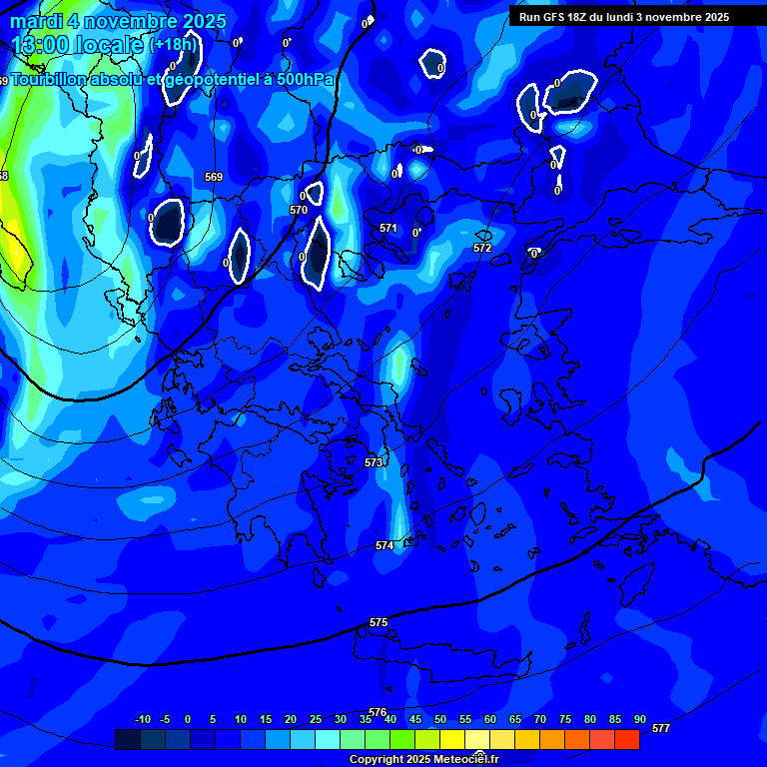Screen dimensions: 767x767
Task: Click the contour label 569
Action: tap(214, 177)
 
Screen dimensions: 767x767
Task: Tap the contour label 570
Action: tap(299, 210)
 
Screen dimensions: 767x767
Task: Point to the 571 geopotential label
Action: tap(388, 228)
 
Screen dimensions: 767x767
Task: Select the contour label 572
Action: tap(482, 248)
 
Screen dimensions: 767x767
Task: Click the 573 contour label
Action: tap(375, 462)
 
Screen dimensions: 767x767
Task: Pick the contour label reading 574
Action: tap(384, 545)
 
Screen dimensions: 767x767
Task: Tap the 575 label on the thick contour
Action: tap(379, 622)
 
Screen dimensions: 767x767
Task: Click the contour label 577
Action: tap(660, 728)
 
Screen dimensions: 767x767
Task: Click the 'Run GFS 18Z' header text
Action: tap(554, 17)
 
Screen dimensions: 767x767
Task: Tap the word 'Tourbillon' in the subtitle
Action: tap(50, 79)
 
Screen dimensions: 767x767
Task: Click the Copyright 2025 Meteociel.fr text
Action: tap(424, 759)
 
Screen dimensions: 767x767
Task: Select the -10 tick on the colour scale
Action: tap(142, 719)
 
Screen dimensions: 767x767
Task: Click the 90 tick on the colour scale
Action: tap(639, 719)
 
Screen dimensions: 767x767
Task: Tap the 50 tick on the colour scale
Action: tap(440, 719)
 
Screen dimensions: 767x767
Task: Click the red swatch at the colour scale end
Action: tap(626, 739)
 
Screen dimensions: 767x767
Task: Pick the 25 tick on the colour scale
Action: tap(316, 719)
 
